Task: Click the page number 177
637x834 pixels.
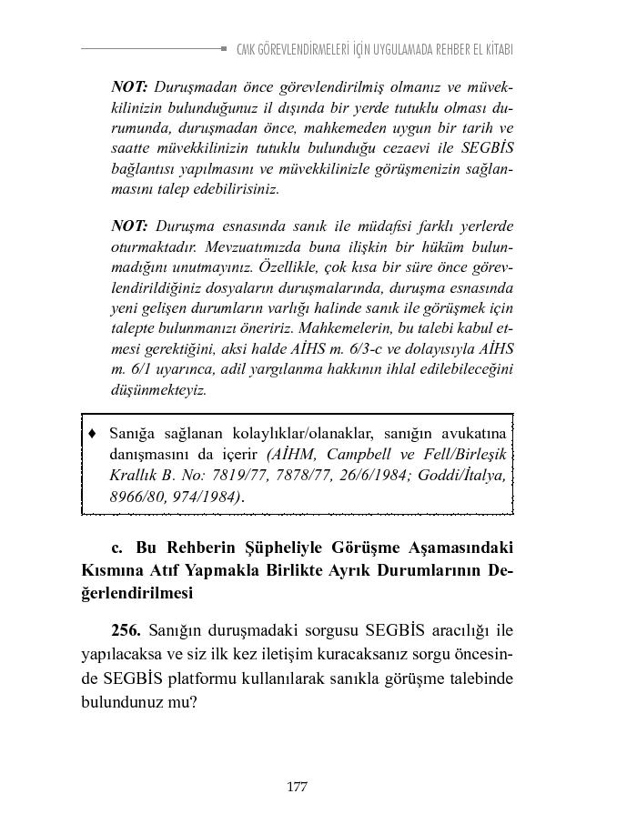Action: click(x=297, y=787)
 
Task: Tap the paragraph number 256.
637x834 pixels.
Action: click(x=128, y=629)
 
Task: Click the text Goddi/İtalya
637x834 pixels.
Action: click(x=465, y=475)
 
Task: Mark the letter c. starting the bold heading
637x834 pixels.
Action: click(x=116, y=548)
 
